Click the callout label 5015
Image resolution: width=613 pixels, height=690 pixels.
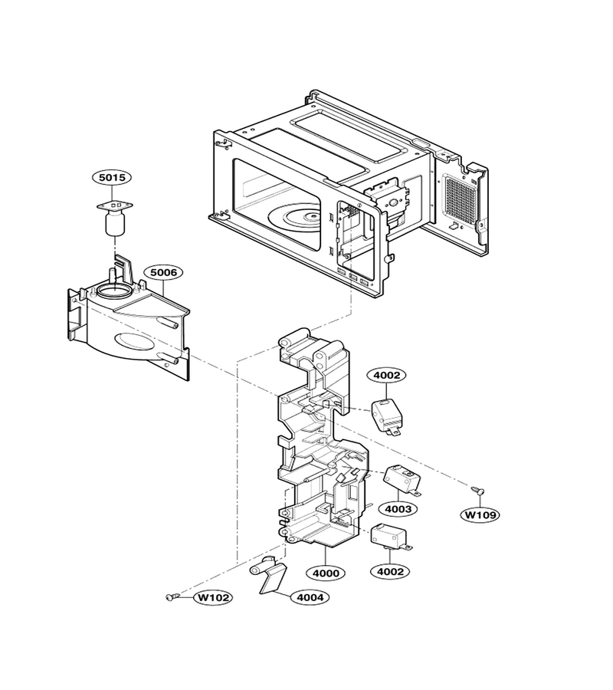(112, 177)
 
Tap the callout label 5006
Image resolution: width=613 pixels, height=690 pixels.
(163, 272)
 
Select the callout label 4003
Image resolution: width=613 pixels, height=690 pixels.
(398, 509)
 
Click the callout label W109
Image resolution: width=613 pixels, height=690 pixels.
(480, 514)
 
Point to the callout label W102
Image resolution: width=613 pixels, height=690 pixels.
(213, 597)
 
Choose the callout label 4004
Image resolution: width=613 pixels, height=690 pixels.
(310, 597)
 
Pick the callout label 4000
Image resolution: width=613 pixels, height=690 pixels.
(326, 573)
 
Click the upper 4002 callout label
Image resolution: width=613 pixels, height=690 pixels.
(386, 376)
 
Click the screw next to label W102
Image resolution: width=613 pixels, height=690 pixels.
(172, 596)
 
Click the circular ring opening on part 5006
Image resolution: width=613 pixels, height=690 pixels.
(114, 291)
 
